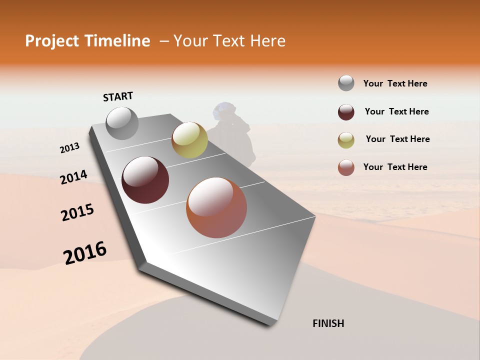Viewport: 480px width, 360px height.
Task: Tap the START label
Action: (x=118, y=96)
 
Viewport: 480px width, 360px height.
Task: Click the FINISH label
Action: (x=328, y=323)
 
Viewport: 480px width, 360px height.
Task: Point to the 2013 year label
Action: (x=69, y=148)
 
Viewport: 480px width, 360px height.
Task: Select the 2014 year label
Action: (x=73, y=177)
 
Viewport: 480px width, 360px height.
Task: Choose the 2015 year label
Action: (x=77, y=213)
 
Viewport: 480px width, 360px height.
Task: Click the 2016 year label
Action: (x=85, y=253)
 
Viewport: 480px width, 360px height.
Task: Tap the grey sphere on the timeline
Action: (x=122, y=123)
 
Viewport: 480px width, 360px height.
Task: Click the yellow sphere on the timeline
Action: (x=189, y=140)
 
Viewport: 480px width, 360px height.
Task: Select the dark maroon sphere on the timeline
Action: (x=145, y=180)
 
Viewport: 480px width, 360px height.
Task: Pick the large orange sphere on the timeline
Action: (x=216, y=207)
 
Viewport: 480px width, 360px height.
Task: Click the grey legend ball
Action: (x=346, y=83)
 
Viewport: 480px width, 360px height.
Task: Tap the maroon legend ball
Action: (x=346, y=112)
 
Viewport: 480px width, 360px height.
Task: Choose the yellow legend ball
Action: (x=346, y=140)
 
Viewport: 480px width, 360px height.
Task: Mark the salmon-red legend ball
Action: (x=346, y=167)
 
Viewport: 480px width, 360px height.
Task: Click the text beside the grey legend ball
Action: (x=395, y=83)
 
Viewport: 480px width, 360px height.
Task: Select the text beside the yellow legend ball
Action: (x=397, y=139)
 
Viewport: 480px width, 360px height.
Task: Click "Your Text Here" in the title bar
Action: (x=229, y=41)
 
